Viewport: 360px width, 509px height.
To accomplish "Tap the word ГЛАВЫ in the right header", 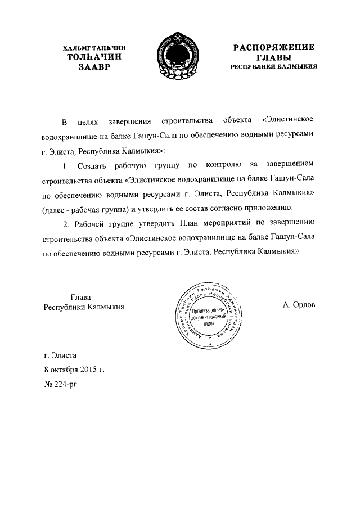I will [x=274, y=57].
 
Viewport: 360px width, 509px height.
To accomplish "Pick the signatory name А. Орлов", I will [x=299, y=305].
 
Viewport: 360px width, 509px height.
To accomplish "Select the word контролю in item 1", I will [x=224, y=165].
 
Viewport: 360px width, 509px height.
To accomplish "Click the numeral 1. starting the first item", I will [x=66, y=166].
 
